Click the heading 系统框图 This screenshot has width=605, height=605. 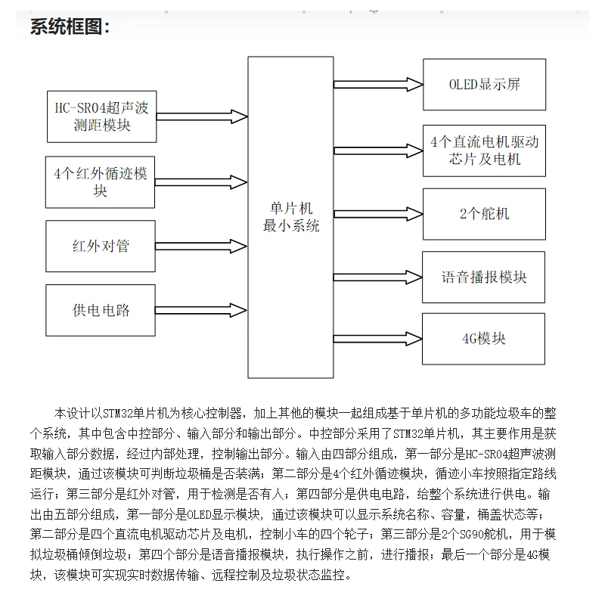(x=70, y=28)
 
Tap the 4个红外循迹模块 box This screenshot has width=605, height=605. (x=101, y=181)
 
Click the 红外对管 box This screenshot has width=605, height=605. (x=101, y=247)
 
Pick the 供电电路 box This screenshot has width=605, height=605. (x=101, y=310)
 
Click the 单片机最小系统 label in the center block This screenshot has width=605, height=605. (x=290, y=217)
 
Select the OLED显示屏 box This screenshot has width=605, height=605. (x=484, y=83)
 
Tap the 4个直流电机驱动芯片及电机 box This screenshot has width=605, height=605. (x=484, y=150)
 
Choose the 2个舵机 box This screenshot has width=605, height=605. (x=484, y=213)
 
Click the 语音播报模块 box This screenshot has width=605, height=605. (x=484, y=277)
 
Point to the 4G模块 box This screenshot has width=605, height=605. (x=484, y=338)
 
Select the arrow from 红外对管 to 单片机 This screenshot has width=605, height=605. (x=203, y=246)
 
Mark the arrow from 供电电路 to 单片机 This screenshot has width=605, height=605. (x=203, y=310)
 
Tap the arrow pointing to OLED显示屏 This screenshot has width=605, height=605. (x=378, y=83)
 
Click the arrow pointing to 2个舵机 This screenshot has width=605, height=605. (x=378, y=213)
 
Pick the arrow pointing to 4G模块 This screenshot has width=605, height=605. (x=378, y=338)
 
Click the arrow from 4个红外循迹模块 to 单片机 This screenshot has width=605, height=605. (x=203, y=181)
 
